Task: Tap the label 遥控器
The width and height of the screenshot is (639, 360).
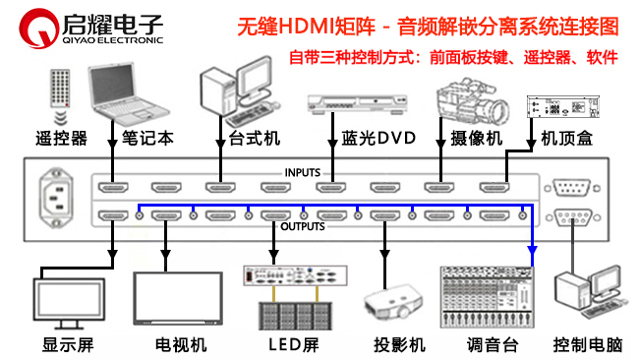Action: click(61, 138)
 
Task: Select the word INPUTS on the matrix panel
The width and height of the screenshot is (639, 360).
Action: click(302, 172)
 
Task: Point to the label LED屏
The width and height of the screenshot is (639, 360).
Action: click(293, 345)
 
